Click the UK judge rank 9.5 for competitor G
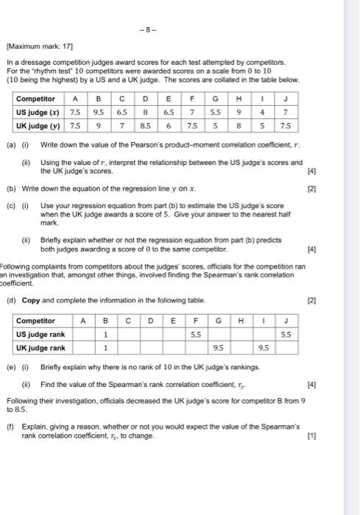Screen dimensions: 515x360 (x=219, y=348)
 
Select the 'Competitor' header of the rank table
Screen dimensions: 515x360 (x=36, y=321)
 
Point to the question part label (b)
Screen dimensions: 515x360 (x=11, y=188)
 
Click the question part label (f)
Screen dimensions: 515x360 (x=11, y=426)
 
